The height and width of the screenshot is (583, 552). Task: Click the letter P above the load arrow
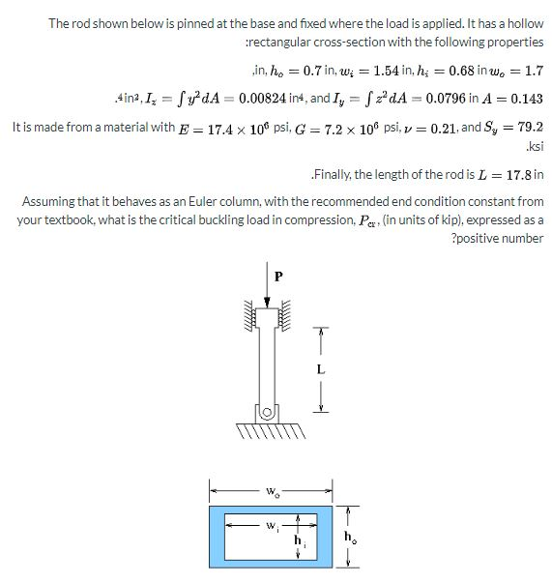(279, 276)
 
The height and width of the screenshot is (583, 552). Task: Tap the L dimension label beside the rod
(321, 368)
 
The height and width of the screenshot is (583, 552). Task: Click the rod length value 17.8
(516, 175)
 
